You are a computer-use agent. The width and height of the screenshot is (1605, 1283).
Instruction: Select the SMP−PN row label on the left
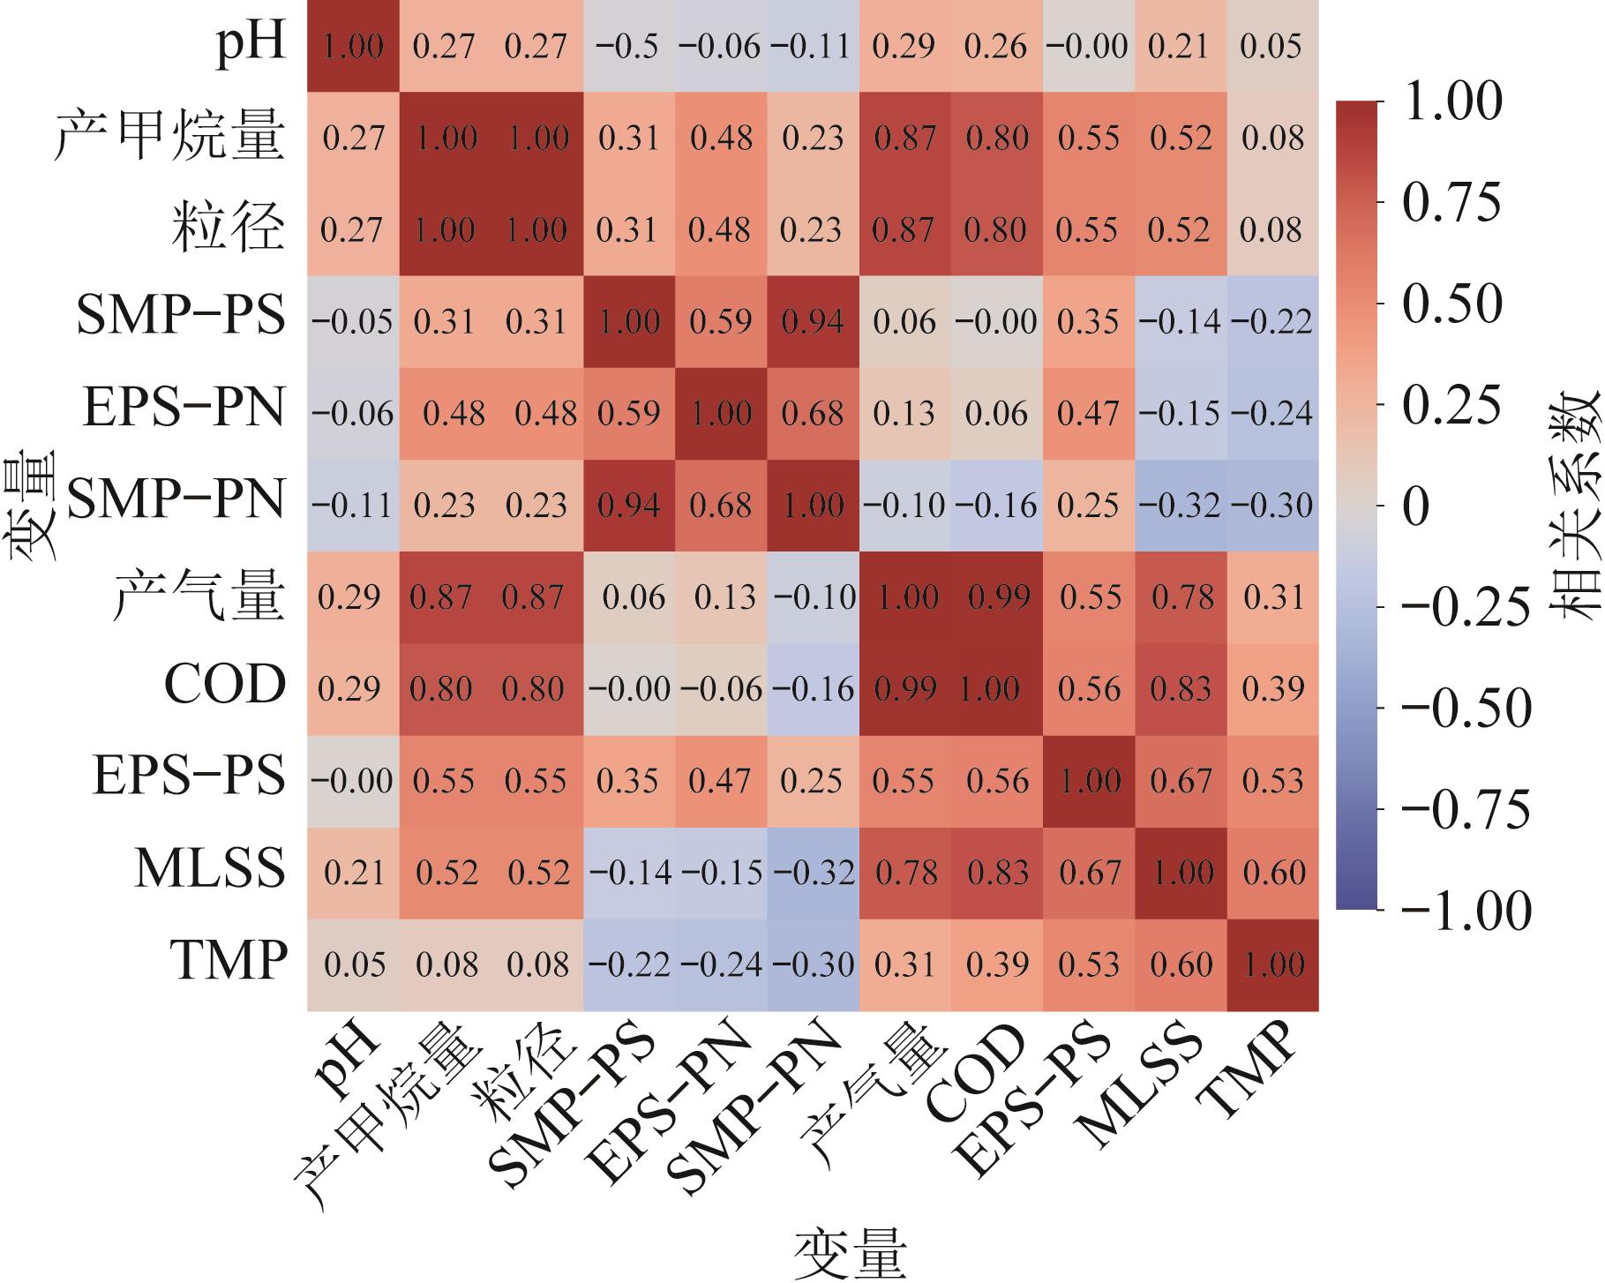point(176,499)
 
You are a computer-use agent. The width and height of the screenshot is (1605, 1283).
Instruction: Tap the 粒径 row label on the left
point(228,228)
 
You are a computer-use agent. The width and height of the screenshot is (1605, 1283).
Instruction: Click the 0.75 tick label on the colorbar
point(1451,203)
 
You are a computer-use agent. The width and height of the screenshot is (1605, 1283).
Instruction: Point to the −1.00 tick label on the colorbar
point(1466,911)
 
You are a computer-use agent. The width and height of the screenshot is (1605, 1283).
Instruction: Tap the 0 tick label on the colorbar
point(1416,506)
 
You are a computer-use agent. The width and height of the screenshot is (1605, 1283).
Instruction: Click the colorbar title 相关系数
point(1575,505)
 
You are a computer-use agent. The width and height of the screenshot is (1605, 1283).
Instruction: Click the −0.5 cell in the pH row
point(629,46)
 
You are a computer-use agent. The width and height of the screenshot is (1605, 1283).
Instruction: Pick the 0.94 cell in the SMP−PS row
point(813,322)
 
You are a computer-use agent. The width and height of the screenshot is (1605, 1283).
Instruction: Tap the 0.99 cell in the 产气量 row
point(998,597)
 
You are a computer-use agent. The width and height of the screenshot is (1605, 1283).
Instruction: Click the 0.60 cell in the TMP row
point(1181,964)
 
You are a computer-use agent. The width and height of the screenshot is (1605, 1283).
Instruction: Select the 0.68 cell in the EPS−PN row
point(813,414)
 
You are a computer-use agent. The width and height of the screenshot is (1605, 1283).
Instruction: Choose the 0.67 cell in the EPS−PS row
point(1181,781)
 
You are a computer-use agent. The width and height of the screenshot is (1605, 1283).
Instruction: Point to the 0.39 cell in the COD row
point(1272,689)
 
